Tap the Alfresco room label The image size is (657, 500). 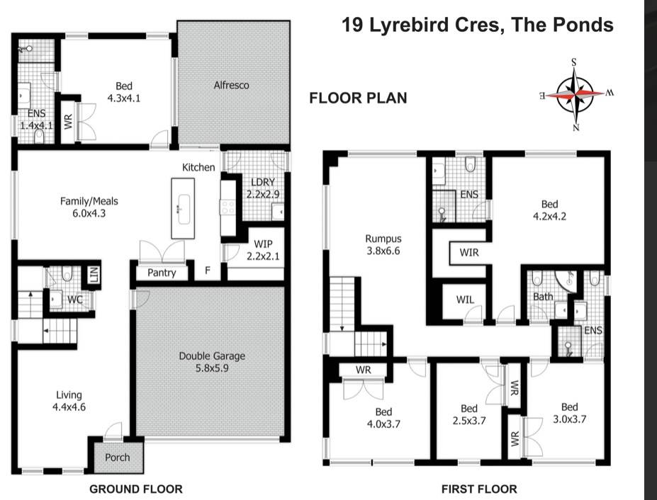point(231,85)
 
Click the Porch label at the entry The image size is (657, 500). point(117,458)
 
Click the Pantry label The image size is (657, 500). point(162,273)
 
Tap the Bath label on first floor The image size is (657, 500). point(543,297)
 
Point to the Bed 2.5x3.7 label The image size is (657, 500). point(469,414)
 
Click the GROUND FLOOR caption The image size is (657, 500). point(135,489)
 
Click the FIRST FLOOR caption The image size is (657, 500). point(479,489)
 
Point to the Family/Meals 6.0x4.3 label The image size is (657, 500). point(89,207)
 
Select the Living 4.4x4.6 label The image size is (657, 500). point(69,401)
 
